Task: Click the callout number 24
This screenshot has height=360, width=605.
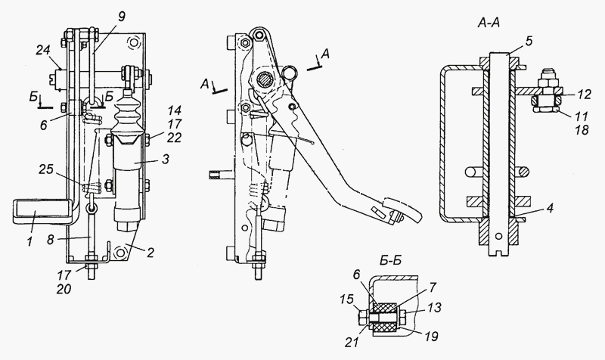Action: [x=45, y=50]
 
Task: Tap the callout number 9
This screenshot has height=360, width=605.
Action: [x=122, y=17]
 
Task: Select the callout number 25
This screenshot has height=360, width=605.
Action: [x=47, y=169]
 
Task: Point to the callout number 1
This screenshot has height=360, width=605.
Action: [x=29, y=242]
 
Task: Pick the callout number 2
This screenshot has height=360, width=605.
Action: [x=150, y=253]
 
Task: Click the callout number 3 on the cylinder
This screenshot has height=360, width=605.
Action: [x=165, y=159]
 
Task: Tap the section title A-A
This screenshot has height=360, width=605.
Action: [x=488, y=23]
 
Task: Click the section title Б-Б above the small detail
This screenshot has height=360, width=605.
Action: [x=389, y=260]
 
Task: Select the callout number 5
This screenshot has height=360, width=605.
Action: [x=528, y=41]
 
